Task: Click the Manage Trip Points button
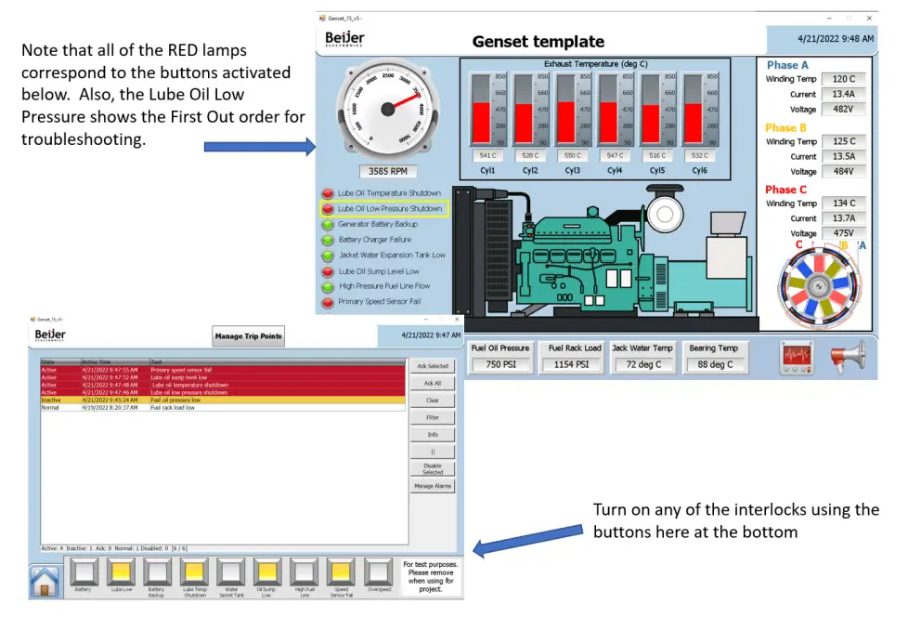click(x=248, y=336)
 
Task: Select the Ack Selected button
click(x=433, y=366)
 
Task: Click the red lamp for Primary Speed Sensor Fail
click(x=328, y=302)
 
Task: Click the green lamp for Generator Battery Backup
click(x=328, y=224)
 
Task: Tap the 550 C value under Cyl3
click(x=572, y=156)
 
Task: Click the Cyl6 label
click(x=699, y=171)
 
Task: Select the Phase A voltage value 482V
click(x=843, y=110)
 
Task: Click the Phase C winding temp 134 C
click(x=843, y=203)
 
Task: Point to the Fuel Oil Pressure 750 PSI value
click(x=500, y=365)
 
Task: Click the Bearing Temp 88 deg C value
click(x=715, y=365)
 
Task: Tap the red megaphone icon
click(x=848, y=358)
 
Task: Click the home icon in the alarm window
click(x=45, y=581)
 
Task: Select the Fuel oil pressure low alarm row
click(x=223, y=400)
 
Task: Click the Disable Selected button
click(x=433, y=469)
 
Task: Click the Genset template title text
click(x=538, y=42)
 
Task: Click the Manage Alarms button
click(x=433, y=486)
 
